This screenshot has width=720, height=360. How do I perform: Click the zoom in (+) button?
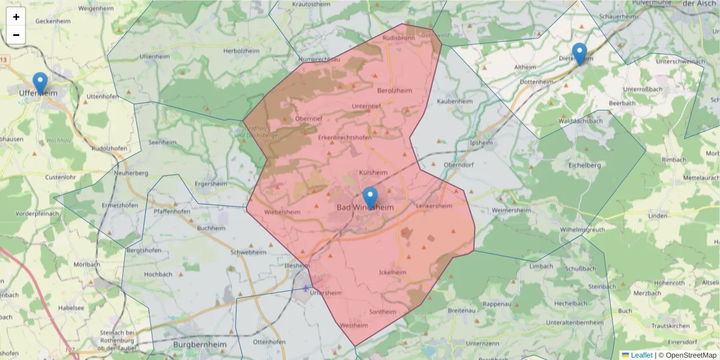(x=16, y=17)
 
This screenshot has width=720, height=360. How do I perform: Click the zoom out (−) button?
(x=16, y=35)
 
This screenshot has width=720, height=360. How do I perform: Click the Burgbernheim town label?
(x=197, y=345)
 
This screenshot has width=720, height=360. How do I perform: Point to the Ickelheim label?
(x=393, y=272)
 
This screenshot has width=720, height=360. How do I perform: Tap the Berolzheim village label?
(x=395, y=91)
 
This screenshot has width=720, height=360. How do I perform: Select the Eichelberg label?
(x=584, y=164)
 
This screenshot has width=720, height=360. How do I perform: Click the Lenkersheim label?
(x=433, y=206)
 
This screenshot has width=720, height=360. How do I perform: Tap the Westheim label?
(x=353, y=326)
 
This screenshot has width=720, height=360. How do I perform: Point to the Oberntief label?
(x=309, y=119)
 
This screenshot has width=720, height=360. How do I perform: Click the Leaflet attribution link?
(x=641, y=355)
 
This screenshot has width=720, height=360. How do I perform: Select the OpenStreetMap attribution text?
(x=688, y=355)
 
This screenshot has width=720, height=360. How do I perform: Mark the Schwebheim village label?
(x=248, y=253)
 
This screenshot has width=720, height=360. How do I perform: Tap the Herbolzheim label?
(x=240, y=52)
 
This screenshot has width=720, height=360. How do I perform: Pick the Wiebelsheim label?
(x=282, y=212)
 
